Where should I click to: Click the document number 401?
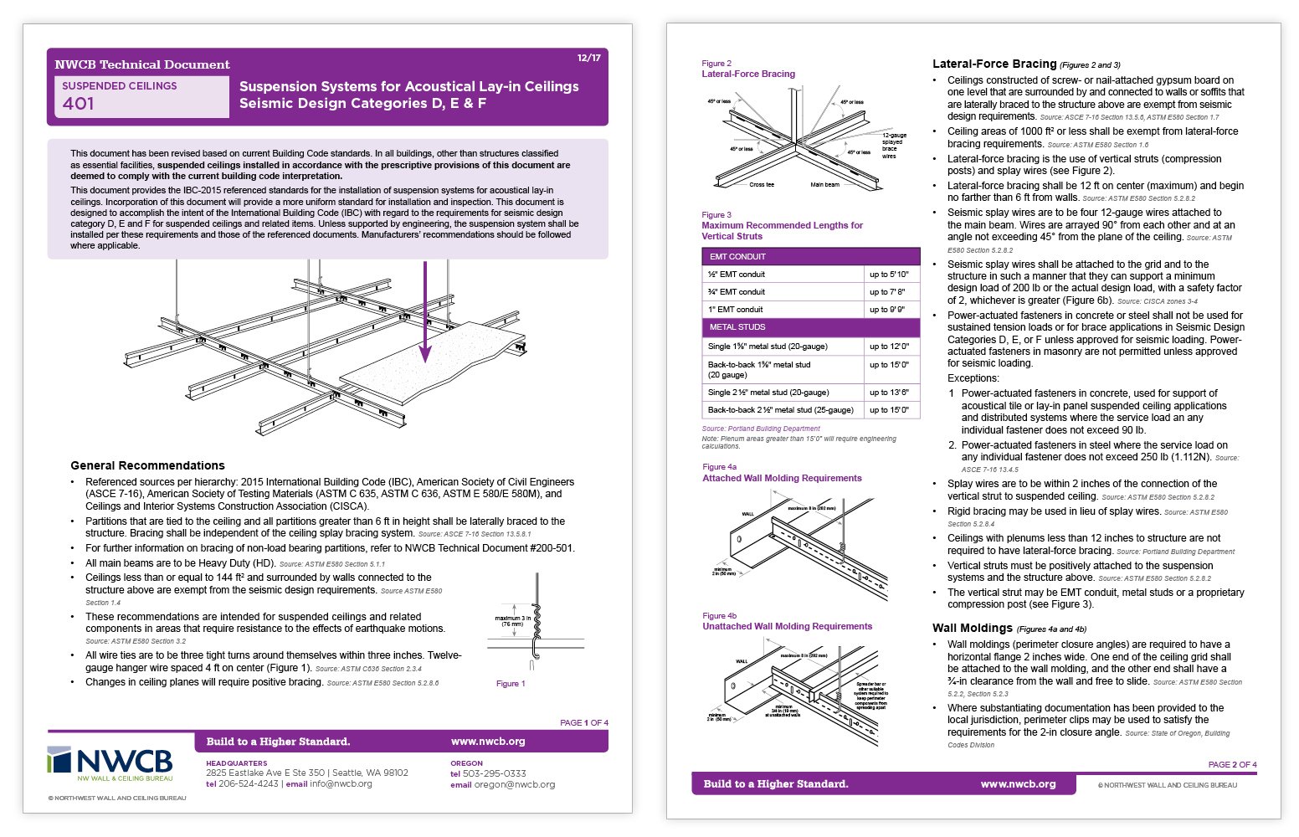[x=79, y=104]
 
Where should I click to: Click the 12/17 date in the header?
[x=588, y=58]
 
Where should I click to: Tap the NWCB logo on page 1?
[x=110, y=763]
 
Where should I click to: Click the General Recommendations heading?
[x=147, y=465]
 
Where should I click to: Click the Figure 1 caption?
[x=511, y=684]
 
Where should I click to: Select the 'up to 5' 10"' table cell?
[x=889, y=275]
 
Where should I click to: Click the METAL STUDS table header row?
[x=810, y=327]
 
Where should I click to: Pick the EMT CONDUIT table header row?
[x=810, y=257]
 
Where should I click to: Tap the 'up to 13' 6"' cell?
[x=889, y=393]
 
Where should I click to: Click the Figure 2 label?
[x=716, y=64]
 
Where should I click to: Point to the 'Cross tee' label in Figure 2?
[x=762, y=185]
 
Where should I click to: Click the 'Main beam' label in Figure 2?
[x=824, y=185]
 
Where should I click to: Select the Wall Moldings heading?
[x=973, y=628]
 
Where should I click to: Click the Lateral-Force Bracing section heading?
[x=994, y=64]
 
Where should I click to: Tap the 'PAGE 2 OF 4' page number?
[x=1232, y=765]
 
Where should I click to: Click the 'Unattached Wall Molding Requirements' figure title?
[x=787, y=626]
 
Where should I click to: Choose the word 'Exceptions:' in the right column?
[x=973, y=378]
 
